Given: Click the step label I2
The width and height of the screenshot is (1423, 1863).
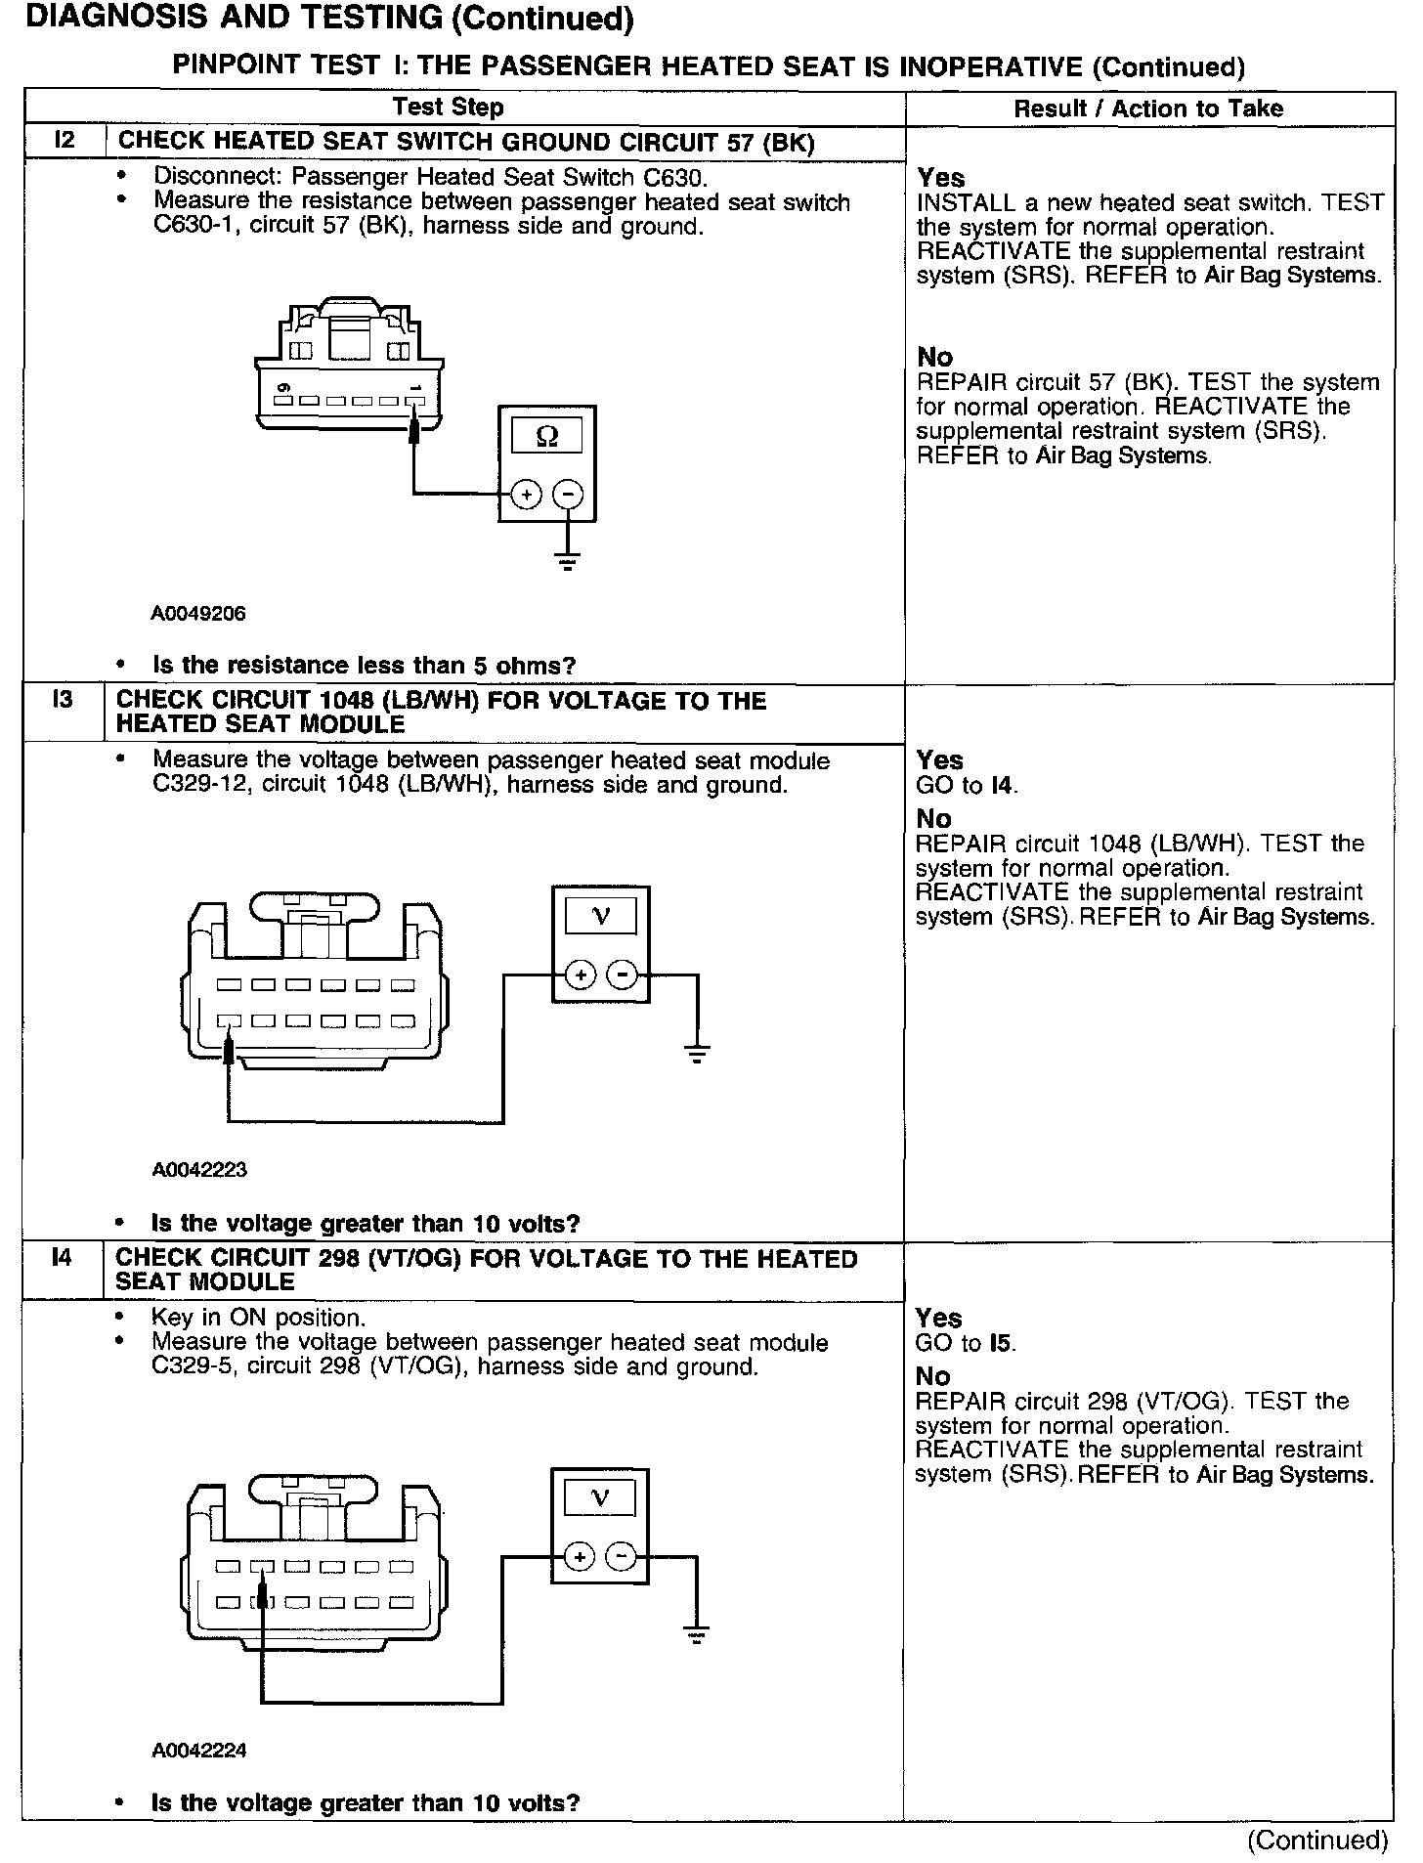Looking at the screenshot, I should (x=64, y=141).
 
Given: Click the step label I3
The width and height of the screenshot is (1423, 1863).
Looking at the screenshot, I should (x=62, y=700).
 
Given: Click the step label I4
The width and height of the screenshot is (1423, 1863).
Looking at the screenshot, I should (x=62, y=1258).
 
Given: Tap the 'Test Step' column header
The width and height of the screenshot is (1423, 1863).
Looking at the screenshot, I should (x=449, y=108).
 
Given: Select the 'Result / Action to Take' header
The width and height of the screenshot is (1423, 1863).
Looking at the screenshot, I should (x=1148, y=108).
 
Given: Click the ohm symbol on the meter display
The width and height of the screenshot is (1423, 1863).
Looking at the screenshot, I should (x=547, y=437).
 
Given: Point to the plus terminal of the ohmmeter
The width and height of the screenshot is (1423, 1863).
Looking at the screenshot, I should (x=526, y=496).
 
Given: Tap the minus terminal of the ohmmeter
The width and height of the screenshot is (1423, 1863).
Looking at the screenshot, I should (x=568, y=496).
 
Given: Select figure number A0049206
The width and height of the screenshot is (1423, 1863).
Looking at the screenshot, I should (x=198, y=614).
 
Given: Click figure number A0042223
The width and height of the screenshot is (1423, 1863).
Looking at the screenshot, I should (x=199, y=1170).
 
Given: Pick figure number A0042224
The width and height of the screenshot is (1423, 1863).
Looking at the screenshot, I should (x=199, y=1751).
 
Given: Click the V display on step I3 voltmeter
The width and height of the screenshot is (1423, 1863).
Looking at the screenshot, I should (x=601, y=916).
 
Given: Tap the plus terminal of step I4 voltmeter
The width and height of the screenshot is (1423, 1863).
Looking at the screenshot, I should (x=580, y=1557).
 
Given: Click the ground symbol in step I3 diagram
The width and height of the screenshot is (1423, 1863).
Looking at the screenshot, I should (x=697, y=1054).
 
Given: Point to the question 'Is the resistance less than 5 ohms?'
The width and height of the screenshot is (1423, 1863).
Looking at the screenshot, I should (x=365, y=666).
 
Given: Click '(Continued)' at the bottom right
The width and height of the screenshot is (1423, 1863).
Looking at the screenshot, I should (x=1317, y=1841).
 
